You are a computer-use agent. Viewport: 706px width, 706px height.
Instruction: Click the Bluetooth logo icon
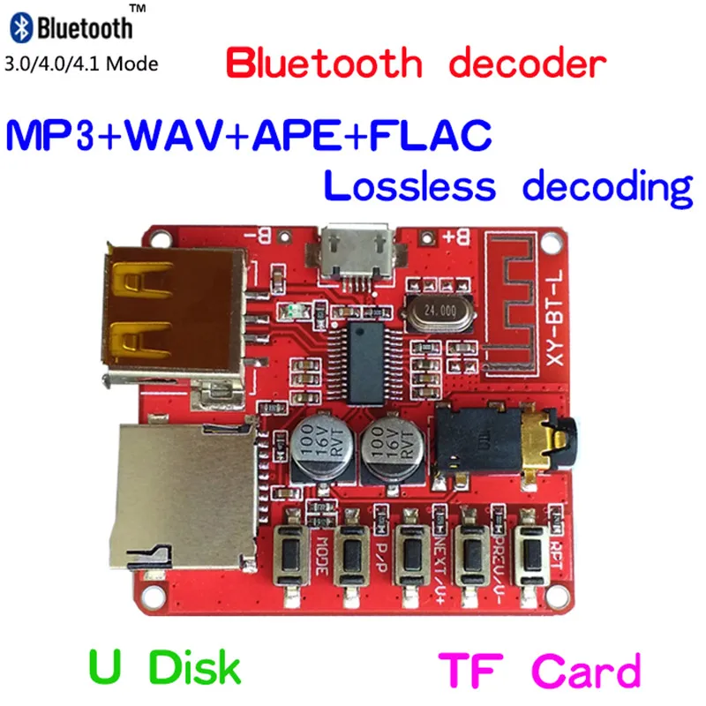point(22,27)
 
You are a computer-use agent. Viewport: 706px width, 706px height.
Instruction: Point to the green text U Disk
point(164,668)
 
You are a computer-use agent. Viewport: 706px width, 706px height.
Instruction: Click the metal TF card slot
point(185,494)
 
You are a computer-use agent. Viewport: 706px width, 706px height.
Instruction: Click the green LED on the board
point(293,311)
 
